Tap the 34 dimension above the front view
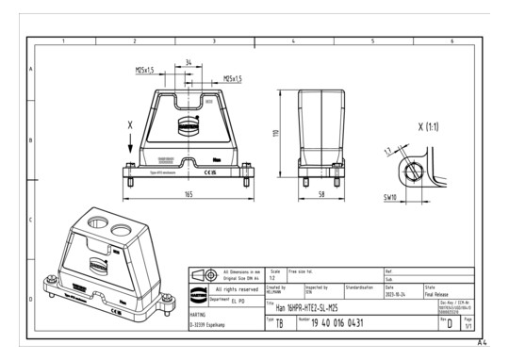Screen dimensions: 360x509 click(x=189, y=63)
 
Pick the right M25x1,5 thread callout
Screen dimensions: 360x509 click(x=232, y=78)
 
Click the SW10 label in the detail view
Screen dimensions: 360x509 click(x=389, y=199)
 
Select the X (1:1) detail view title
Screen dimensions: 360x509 click(x=433, y=126)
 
